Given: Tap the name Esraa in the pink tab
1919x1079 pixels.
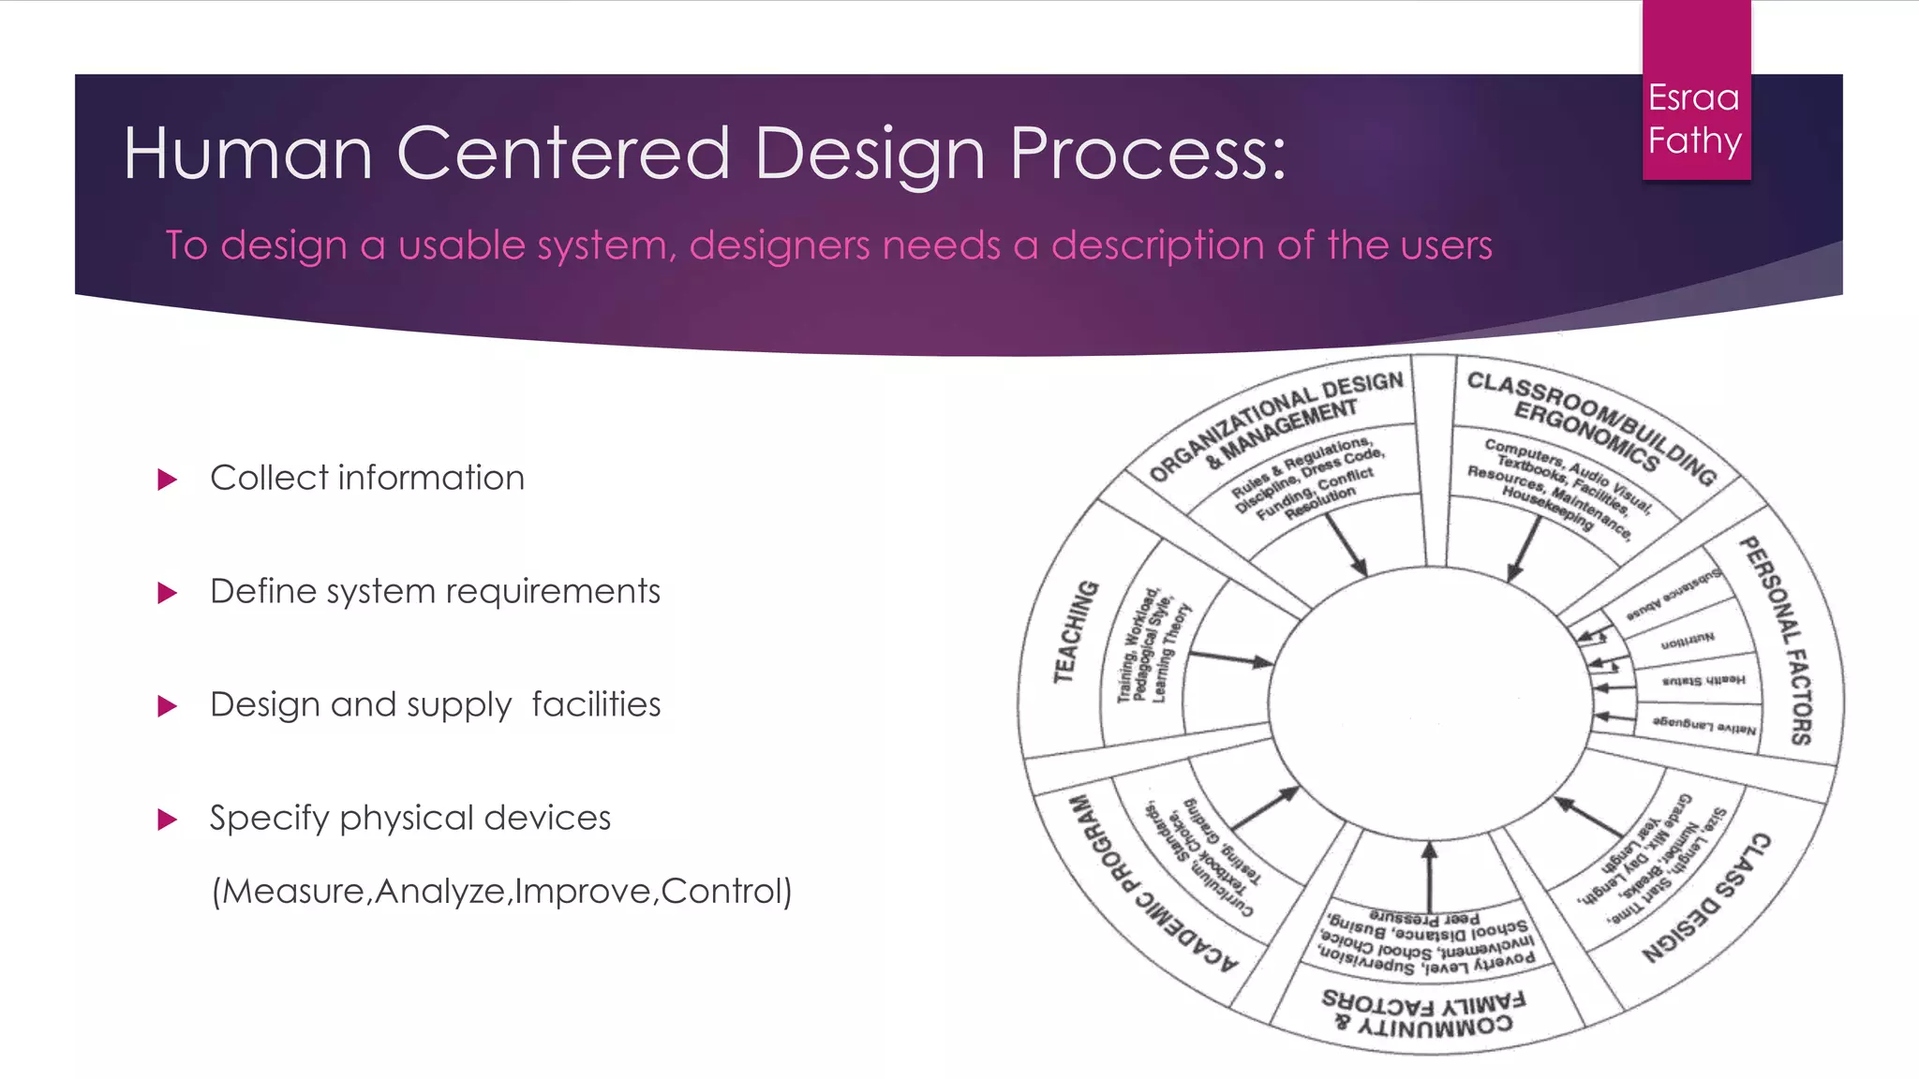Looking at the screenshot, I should [1693, 97].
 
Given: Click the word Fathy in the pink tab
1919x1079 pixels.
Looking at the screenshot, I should [1694, 140].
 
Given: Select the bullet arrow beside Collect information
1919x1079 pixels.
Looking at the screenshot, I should [168, 480].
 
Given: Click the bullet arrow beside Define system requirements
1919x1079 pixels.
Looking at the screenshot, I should [168, 593].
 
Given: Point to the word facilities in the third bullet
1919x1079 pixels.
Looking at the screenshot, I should [596, 704].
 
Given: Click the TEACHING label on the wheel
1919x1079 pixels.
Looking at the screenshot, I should [1075, 631].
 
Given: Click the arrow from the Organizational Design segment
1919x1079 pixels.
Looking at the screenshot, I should [1346, 544].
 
